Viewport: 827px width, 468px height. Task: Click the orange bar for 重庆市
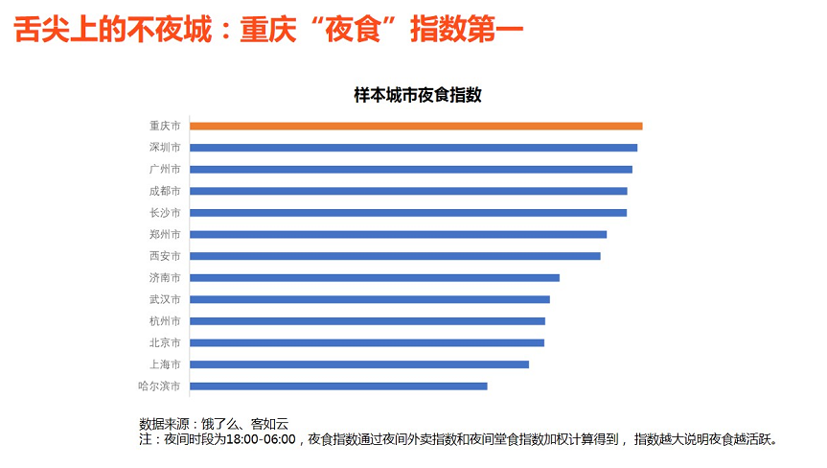416,126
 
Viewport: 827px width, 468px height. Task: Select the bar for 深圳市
413,148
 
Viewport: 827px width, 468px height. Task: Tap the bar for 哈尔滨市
338,386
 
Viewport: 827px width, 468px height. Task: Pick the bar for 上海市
359,364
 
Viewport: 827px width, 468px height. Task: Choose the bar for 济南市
375,278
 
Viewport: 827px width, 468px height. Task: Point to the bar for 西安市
395,256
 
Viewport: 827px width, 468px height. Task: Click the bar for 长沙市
408,213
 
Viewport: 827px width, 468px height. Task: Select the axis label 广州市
165,170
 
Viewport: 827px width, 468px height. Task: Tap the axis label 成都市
165,191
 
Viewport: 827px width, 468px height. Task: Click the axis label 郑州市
165,234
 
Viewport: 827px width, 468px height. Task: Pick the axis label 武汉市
165,299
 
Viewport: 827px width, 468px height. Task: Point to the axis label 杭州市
165,321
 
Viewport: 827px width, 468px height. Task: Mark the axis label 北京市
165,342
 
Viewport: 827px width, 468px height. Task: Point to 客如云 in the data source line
269,423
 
